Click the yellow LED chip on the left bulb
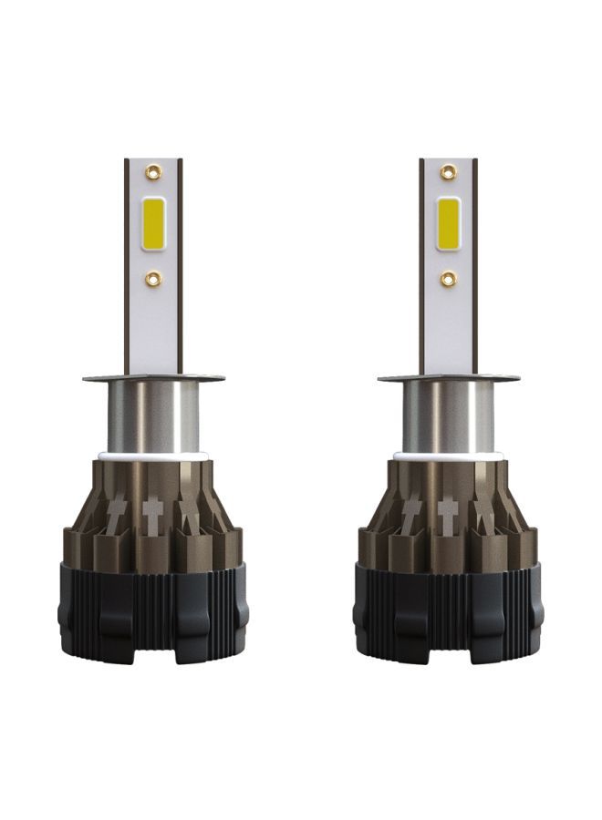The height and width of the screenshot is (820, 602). click(x=152, y=223)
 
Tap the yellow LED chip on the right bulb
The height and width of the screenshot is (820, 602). click(x=448, y=223)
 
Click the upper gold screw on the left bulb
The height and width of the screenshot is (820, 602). click(x=152, y=172)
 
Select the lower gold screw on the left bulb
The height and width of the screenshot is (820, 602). click(x=152, y=279)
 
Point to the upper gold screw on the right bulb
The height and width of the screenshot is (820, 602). click(x=448, y=172)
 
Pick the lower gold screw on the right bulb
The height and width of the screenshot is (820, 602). click(x=448, y=279)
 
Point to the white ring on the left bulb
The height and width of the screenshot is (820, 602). click(x=152, y=454)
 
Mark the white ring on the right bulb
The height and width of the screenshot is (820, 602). click(x=448, y=454)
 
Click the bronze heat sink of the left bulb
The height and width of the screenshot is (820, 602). click(x=109, y=528)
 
